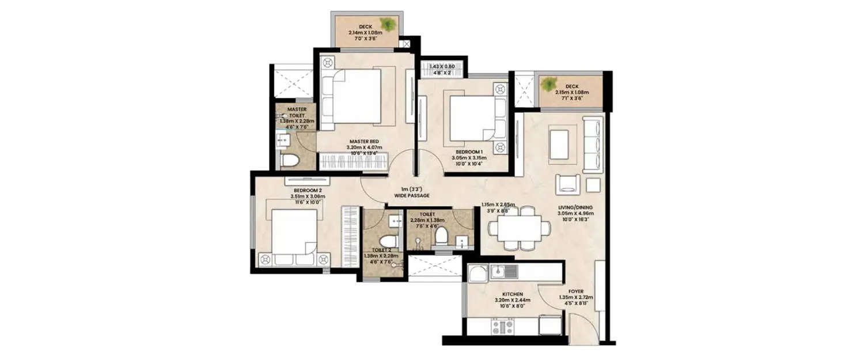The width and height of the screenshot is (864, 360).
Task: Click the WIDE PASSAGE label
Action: click(x=412, y=196)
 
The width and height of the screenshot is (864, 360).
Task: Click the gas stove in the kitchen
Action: click(x=501, y=327)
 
